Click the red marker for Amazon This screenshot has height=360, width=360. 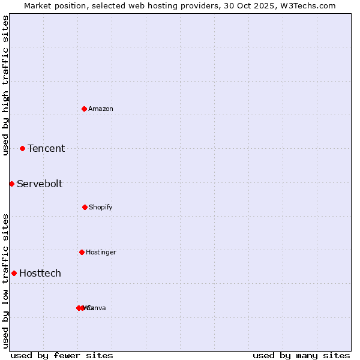(x=85, y=109)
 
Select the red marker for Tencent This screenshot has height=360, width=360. (x=22, y=148)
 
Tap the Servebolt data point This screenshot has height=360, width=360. (x=11, y=184)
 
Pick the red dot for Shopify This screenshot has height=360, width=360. (x=85, y=207)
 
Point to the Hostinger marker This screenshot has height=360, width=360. (x=82, y=252)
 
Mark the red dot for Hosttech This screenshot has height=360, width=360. (x=14, y=273)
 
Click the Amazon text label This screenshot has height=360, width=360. (x=101, y=109)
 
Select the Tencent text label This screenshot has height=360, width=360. (x=46, y=149)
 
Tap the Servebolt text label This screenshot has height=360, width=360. (x=40, y=184)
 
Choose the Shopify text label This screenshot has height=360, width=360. (x=101, y=208)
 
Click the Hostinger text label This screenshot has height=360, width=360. (x=101, y=253)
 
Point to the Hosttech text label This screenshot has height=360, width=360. (x=40, y=274)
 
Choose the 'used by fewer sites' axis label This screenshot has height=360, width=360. (x=62, y=355)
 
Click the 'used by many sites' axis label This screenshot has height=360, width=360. (x=301, y=355)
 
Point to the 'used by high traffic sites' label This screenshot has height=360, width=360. (x=5, y=85)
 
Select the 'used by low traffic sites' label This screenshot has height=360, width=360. (x=5, y=281)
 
